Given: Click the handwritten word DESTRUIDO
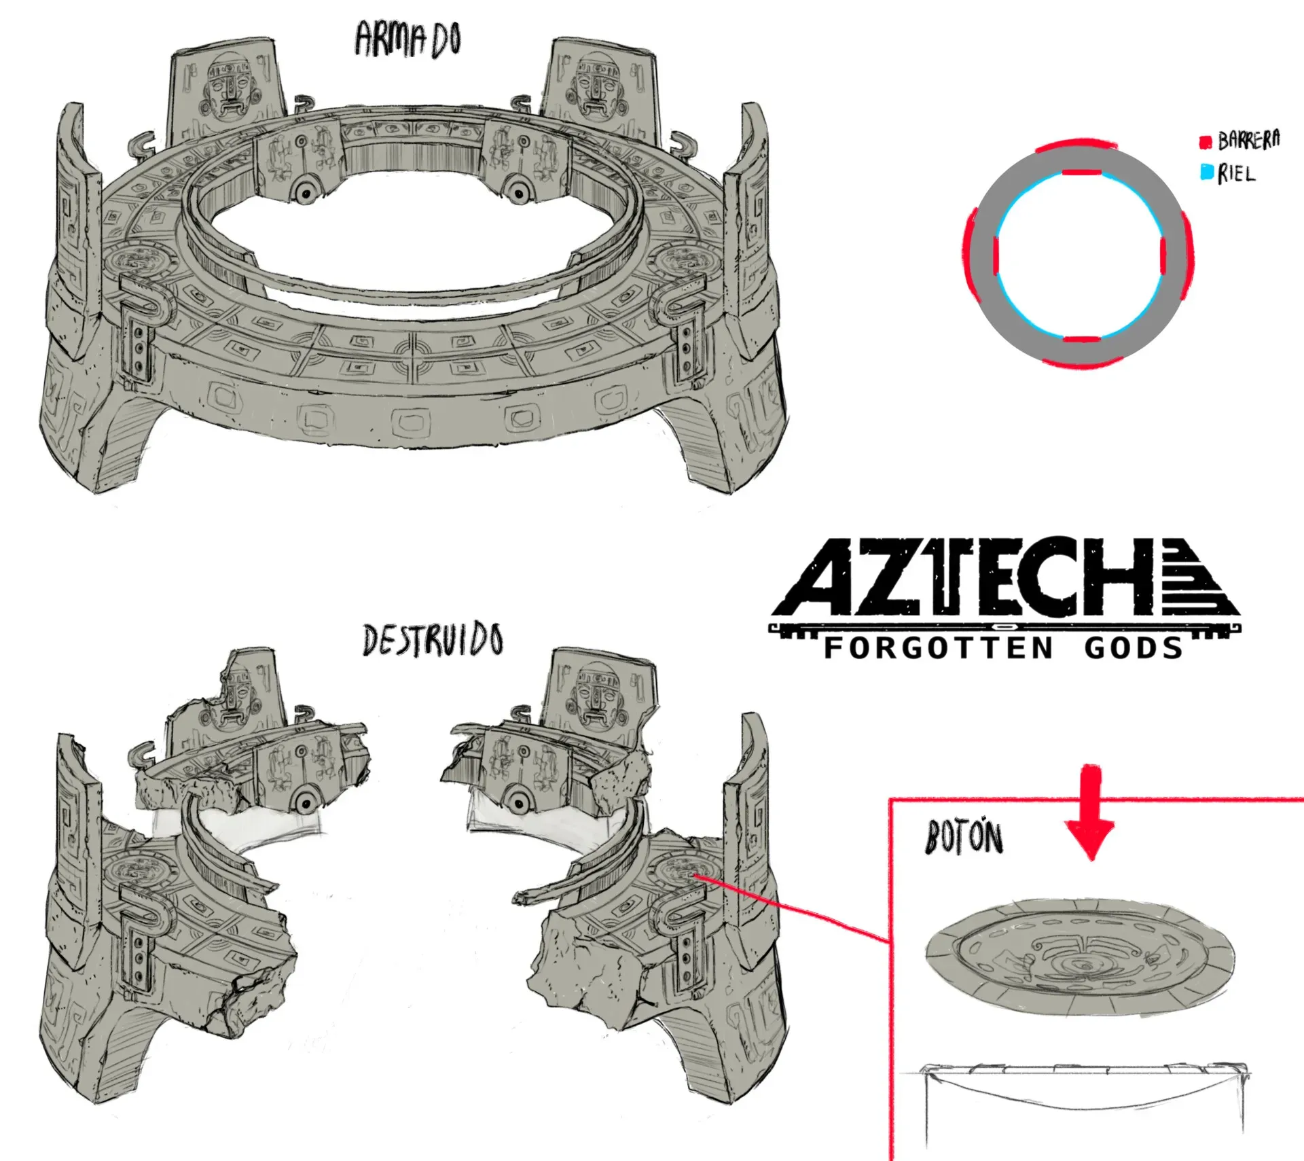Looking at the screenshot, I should (433, 641).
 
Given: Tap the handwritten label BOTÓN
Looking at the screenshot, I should (964, 838).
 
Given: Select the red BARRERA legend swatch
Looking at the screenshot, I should (1206, 142).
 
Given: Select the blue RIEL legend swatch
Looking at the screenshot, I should (1207, 173).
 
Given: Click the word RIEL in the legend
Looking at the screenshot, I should (1237, 174).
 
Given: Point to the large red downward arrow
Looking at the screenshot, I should (1089, 812).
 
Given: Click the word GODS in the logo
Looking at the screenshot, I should (1134, 648).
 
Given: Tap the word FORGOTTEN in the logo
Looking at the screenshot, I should (938, 648).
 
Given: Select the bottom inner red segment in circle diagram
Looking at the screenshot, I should (1081, 338).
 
